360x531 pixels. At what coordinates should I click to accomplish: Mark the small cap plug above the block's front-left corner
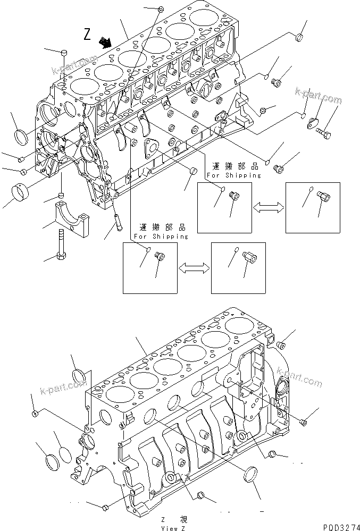tap(64, 53)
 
